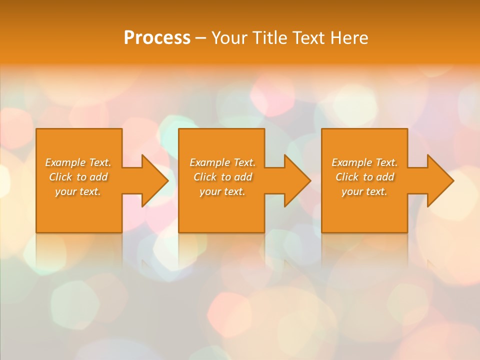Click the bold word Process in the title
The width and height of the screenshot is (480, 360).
pyautogui.click(x=157, y=38)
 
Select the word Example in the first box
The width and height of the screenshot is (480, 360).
pyautogui.click(x=65, y=162)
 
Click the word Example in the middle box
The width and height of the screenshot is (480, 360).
pyautogui.click(x=209, y=162)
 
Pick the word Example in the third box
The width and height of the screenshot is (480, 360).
pyautogui.click(x=351, y=162)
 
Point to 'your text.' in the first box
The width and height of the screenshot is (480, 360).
pyautogui.click(x=78, y=191)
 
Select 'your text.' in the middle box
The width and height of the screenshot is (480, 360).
pyautogui.click(x=222, y=191)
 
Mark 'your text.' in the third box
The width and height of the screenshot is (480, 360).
pyautogui.click(x=364, y=191)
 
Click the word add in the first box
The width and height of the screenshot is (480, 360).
pyautogui.click(x=99, y=177)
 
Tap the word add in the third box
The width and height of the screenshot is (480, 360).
pyautogui.click(x=385, y=177)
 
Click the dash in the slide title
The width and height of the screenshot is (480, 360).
pyautogui.click(x=200, y=38)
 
